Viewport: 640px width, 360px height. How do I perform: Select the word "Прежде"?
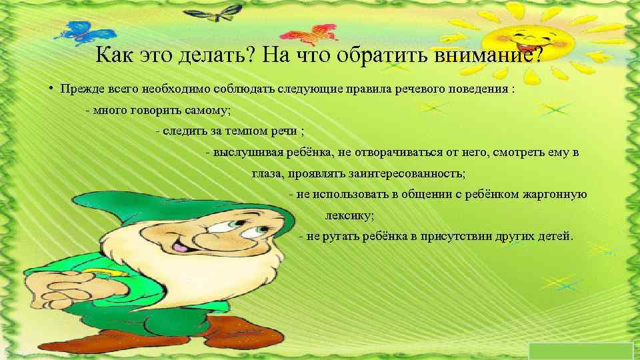click(79, 89)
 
